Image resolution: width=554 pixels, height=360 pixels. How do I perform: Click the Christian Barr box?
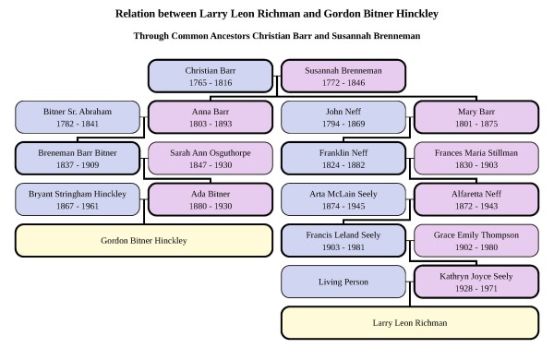pyautogui.click(x=211, y=77)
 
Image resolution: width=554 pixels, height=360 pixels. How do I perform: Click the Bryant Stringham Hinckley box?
pyautogui.click(x=78, y=199)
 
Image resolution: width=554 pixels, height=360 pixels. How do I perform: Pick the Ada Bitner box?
pyautogui.click(x=210, y=199)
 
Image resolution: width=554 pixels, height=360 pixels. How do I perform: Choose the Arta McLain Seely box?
pyautogui.click(x=343, y=199)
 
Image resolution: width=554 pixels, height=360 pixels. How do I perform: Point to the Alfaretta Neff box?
pyautogui.click(x=476, y=199)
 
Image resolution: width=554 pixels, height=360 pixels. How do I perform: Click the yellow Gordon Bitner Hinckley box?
pyautogui.click(x=144, y=241)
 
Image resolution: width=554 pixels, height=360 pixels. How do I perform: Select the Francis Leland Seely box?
pyautogui.click(x=343, y=241)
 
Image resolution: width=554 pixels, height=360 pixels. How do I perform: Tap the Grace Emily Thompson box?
pyautogui.click(x=476, y=241)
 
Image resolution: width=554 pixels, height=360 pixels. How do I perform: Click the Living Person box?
pyautogui.click(x=343, y=282)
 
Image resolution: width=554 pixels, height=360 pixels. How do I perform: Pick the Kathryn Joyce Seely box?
pyautogui.click(x=476, y=282)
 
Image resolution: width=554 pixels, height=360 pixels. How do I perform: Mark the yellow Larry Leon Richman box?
pyautogui.click(x=409, y=323)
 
